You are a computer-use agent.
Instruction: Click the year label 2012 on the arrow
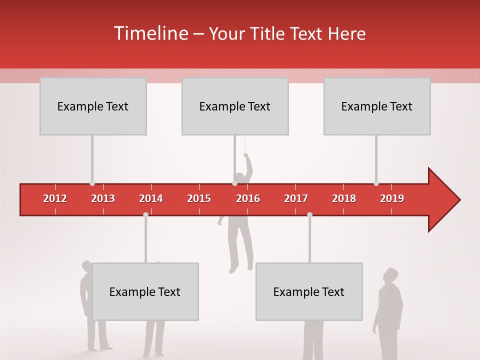click(x=55, y=198)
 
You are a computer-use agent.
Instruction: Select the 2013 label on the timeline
click(x=103, y=198)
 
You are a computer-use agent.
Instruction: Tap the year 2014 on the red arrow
click(x=151, y=198)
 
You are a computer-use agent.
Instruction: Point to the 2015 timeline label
click(x=199, y=198)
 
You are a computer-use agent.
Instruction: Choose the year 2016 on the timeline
click(x=248, y=198)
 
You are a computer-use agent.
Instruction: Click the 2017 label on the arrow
click(x=296, y=198)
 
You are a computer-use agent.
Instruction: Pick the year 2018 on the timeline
click(x=344, y=198)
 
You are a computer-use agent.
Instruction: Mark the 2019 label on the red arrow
click(x=392, y=198)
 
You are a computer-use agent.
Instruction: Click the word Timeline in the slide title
click(x=150, y=33)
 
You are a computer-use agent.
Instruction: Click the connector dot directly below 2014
click(x=145, y=214)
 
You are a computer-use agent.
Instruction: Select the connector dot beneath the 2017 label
click(x=309, y=214)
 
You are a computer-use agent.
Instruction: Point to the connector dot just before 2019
click(x=376, y=183)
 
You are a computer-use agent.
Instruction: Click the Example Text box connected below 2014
click(x=145, y=291)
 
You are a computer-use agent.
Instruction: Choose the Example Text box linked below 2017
click(x=309, y=291)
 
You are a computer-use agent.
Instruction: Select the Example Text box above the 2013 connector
click(x=93, y=106)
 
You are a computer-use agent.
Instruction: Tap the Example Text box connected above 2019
click(x=377, y=106)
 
